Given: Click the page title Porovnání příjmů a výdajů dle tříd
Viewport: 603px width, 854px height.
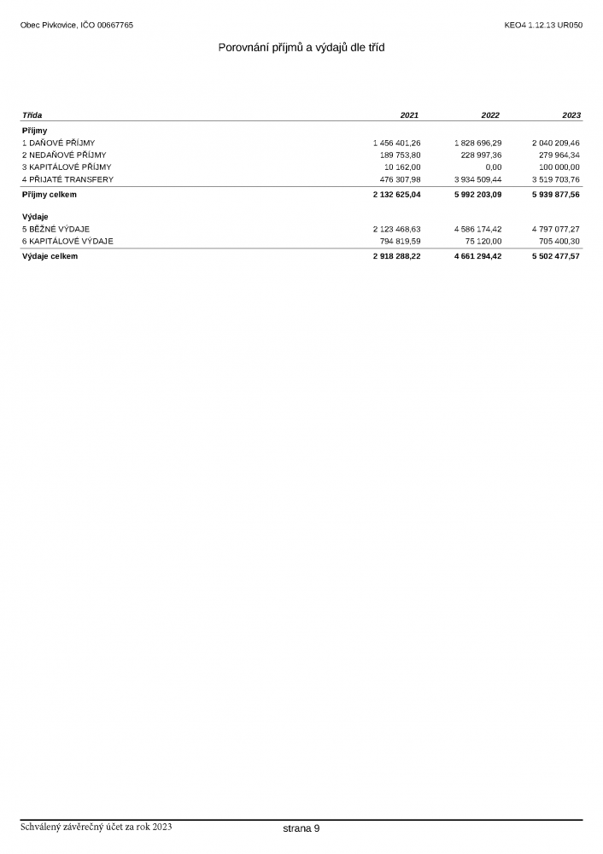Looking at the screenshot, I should tap(301, 48).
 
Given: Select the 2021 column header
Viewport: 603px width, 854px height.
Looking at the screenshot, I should tap(409, 115).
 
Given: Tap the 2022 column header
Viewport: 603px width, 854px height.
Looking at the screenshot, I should tap(490, 115).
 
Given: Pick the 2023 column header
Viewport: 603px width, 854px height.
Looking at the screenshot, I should tap(571, 115).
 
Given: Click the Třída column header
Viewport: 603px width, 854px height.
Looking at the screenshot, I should tap(32, 115).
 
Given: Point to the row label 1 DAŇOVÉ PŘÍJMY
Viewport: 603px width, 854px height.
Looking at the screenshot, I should tap(59, 143).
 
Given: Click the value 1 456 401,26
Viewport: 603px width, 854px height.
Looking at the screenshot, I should tap(396, 143).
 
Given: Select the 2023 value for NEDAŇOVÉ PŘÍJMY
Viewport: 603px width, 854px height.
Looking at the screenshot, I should tap(555, 155).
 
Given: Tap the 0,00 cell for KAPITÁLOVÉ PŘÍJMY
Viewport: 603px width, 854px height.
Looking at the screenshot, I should tap(493, 167).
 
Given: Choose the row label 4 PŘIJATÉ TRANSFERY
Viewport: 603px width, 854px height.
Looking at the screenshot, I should tap(67, 180).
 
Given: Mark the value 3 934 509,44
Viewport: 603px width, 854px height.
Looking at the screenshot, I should tap(477, 180).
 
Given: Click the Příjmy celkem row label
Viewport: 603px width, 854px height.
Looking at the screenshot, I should tap(50, 195).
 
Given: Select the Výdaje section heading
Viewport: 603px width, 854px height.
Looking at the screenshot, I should tap(35, 217).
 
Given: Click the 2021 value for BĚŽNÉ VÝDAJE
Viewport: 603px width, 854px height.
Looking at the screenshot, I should tap(396, 229).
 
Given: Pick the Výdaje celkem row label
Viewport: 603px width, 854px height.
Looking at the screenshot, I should tap(50, 256).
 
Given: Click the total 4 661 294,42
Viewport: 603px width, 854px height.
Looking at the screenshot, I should tap(477, 256).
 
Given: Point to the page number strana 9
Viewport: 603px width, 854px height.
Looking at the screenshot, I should tap(301, 828).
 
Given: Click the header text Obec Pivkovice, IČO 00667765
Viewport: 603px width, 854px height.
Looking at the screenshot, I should tap(77, 26).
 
